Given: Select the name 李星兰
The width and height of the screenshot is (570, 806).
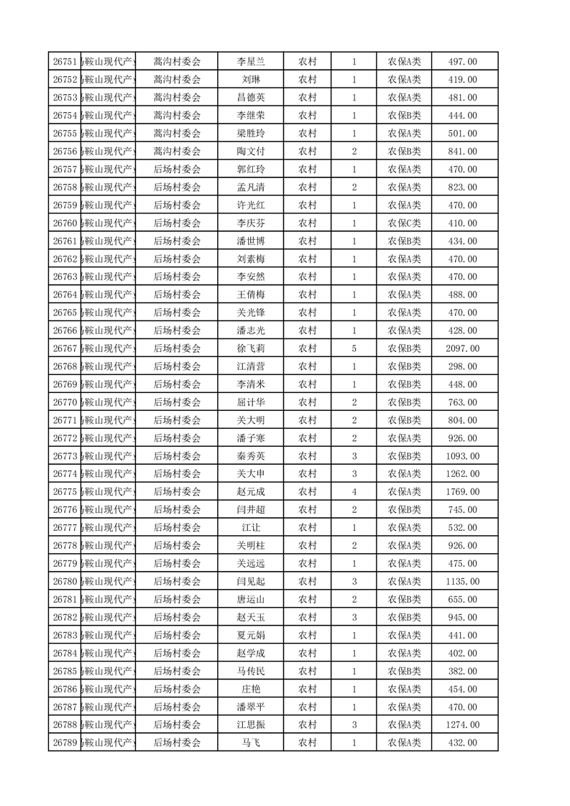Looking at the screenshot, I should [251, 62].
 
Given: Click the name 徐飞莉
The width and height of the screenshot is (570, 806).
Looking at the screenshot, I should [251, 348].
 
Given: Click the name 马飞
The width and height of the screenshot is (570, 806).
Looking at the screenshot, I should [251, 743].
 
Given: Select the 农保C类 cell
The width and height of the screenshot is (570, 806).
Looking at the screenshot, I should [405, 223].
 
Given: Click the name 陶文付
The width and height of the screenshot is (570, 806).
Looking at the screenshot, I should [251, 152].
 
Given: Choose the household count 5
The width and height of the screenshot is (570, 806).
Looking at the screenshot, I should [354, 348].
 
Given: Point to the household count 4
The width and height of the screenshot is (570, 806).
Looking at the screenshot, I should [354, 492].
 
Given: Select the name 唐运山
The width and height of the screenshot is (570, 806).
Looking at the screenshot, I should [251, 599].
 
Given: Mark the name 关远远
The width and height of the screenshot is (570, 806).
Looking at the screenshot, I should [251, 563].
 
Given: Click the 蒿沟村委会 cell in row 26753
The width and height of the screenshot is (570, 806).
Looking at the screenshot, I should [177, 98].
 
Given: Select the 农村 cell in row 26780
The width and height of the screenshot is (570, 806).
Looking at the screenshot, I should [308, 581].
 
